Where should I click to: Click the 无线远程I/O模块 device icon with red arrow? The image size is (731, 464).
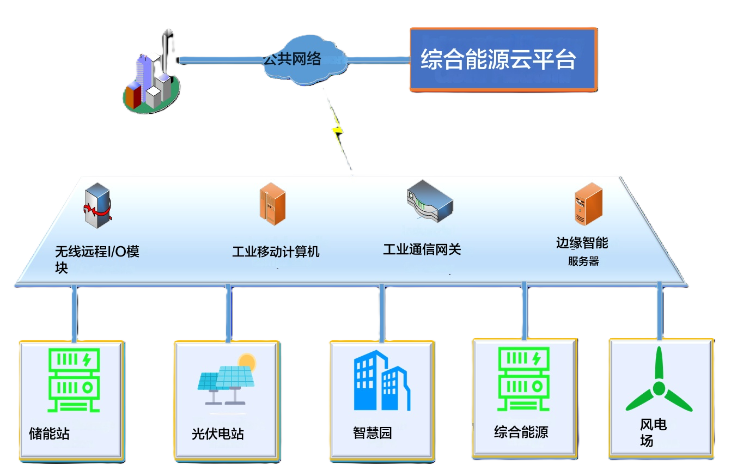[x=98, y=206]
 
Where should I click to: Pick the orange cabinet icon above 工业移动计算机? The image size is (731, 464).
[x=272, y=204]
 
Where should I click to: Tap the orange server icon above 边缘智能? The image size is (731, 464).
[x=588, y=204]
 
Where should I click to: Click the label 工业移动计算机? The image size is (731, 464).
[x=276, y=252]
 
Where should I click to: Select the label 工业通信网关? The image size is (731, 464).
[x=422, y=249]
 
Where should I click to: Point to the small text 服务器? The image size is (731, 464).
[x=583, y=261]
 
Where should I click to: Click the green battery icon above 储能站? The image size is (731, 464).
[x=74, y=380]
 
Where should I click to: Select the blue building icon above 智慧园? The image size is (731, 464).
[x=381, y=381]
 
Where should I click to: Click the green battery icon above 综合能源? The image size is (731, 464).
[x=523, y=379]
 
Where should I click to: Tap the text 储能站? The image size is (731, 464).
[x=49, y=434]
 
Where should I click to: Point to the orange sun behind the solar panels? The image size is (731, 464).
[x=247, y=362]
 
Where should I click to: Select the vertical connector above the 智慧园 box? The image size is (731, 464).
[x=382, y=313]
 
